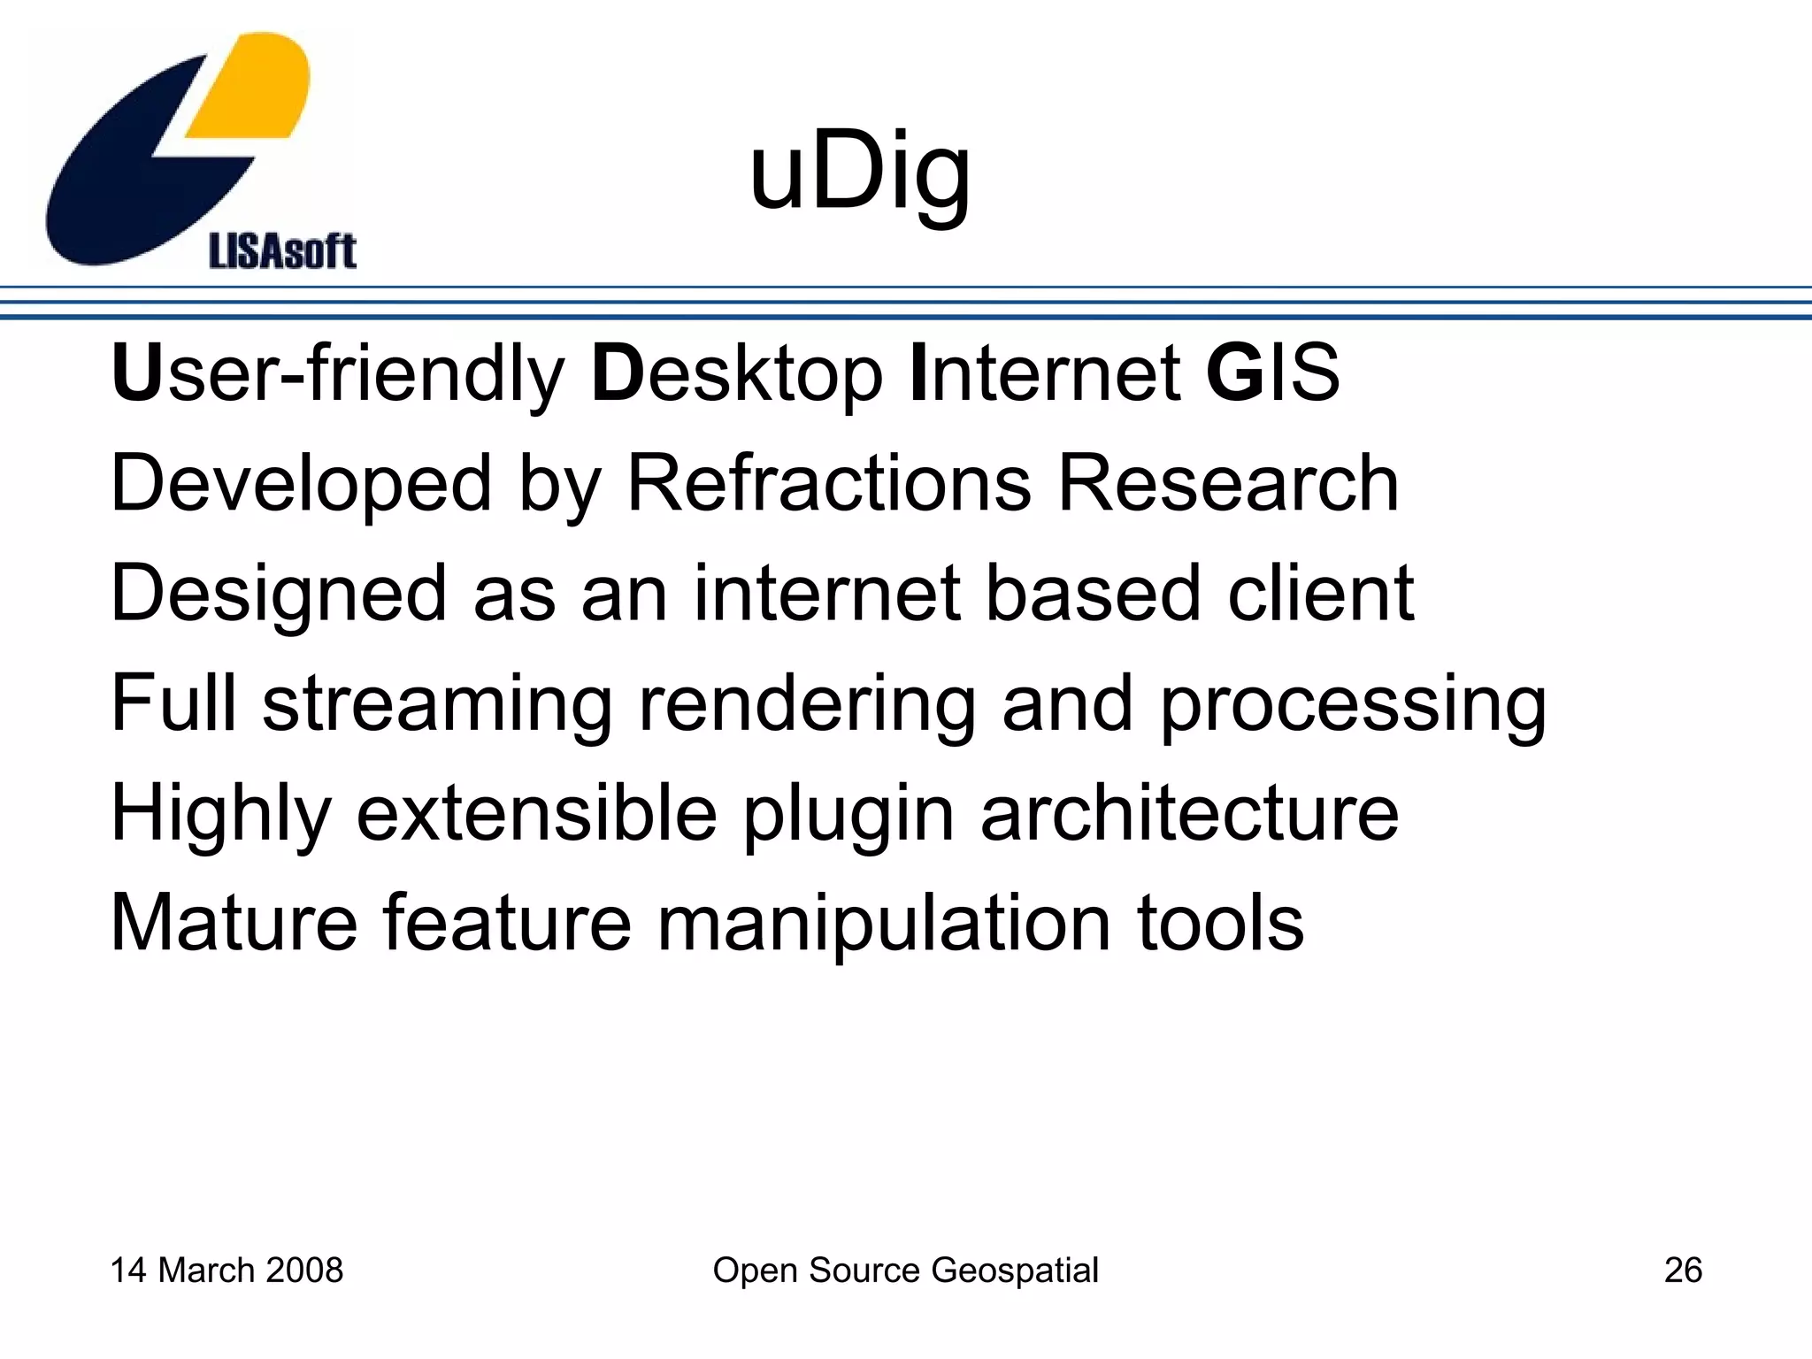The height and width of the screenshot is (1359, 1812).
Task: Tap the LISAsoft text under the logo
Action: (x=282, y=252)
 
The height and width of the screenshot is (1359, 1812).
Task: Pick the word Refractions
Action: (x=829, y=484)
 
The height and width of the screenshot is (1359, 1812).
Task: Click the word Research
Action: (x=1228, y=484)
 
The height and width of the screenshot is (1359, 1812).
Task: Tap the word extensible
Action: (x=537, y=813)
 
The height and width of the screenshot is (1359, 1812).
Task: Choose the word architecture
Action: (x=1189, y=813)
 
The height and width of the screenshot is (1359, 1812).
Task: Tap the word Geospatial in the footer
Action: (x=1015, y=1271)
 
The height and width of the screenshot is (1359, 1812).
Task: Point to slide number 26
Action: (x=1683, y=1271)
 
